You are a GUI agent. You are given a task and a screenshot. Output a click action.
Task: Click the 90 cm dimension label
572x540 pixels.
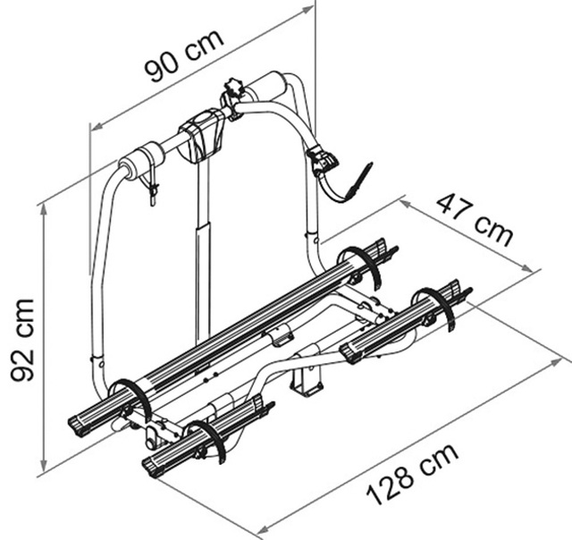(x=183, y=55)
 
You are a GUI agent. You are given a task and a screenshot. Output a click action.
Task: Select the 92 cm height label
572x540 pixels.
(x=22, y=340)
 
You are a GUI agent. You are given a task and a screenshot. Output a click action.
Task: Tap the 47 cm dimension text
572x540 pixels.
(x=475, y=220)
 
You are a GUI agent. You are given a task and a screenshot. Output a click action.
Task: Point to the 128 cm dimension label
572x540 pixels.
(x=412, y=475)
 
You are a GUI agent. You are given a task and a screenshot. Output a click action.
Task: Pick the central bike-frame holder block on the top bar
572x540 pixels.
(x=201, y=133)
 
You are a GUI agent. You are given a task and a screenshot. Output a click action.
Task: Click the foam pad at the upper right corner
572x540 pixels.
(x=266, y=86)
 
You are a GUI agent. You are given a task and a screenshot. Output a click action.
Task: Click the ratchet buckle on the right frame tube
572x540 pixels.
(x=321, y=158)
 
